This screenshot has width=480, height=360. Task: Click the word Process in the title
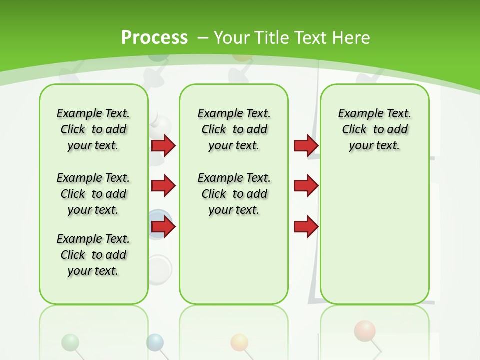(154, 37)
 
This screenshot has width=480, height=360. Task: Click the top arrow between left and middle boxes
(163, 145)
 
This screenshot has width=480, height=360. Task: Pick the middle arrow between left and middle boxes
(163, 186)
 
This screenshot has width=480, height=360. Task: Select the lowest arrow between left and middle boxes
(163, 227)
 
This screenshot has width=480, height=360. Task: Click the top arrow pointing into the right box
(306, 145)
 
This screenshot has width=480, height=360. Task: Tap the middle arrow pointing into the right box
(306, 186)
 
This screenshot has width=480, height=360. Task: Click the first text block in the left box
(93, 129)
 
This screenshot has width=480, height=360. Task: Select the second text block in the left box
(93, 194)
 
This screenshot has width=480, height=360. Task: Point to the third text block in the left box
(93, 255)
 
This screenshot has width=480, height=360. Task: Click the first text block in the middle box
(234, 129)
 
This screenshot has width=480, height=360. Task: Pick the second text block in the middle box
(234, 194)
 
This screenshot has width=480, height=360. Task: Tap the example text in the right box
(374, 129)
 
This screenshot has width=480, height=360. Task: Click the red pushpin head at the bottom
(365, 331)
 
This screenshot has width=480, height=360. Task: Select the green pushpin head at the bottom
(70, 342)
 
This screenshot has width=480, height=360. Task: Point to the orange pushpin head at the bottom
(239, 342)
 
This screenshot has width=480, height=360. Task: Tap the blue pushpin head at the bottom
(155, 342)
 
